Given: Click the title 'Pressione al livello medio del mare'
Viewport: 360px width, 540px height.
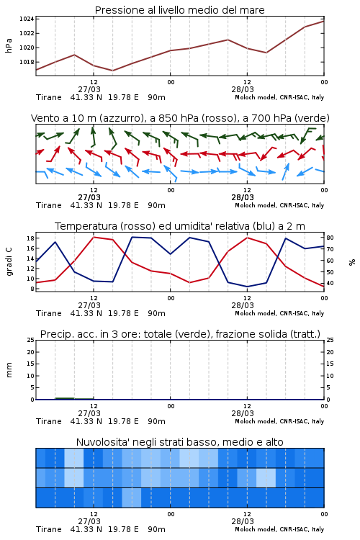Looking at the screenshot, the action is tap(179, 10).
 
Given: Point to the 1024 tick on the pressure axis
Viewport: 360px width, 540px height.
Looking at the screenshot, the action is tap(27, 19).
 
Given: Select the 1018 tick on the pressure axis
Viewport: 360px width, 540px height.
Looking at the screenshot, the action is tap(27, 62).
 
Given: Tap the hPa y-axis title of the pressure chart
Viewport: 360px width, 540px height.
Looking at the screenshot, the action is tap(9, 45).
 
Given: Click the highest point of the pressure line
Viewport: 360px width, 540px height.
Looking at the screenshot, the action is tap(323, 22).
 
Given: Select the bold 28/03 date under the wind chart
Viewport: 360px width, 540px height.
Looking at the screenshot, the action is tap(243, 197).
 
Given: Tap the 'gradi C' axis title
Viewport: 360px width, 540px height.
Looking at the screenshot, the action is tap(9, 261).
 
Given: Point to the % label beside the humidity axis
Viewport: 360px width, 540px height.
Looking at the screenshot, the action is tap(352, 262).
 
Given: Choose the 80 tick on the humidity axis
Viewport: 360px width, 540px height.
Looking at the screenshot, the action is tap(330, 238).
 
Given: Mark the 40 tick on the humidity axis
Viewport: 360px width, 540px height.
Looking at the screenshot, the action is tap(330, 283).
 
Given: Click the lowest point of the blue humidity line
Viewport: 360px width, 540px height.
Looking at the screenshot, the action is tap(247, 287).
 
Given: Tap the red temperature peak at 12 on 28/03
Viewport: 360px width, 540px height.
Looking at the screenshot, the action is tap(247, 238).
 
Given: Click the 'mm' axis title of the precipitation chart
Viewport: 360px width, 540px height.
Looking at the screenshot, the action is tap(9, 370).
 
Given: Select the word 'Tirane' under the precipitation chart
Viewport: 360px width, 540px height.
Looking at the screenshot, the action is tap(49, 421).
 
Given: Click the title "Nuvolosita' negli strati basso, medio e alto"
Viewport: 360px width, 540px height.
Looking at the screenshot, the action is tap(179, 442).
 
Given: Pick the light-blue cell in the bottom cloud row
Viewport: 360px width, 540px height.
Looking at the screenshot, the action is tap(132, 498).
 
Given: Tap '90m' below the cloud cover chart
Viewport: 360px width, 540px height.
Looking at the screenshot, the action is tap(156, 529).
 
